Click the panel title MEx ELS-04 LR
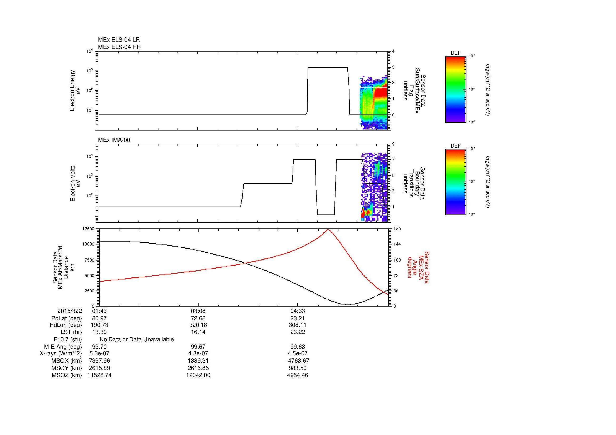[119, 40]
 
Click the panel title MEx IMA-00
[114, 140]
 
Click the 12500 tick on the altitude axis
[88, 229]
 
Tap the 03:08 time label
[198, 311]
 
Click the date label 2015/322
[70, 311]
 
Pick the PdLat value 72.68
[198, 318]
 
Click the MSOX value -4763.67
[298, 361]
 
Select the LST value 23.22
[298, 332]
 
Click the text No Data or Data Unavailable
[137, 339]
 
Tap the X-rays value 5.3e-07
[99, 353]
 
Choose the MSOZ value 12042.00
[198, 375]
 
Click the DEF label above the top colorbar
[455, 53]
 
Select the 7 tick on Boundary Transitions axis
[393, 159]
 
